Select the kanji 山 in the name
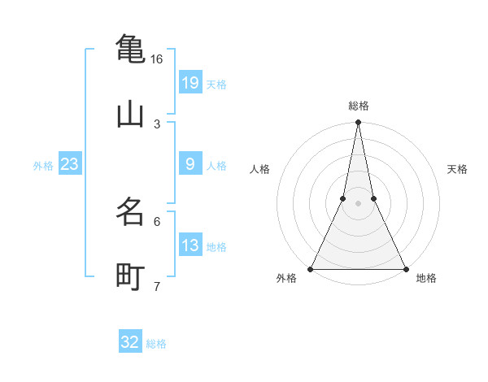click(x=130, y=115)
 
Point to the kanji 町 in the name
click(x=130, y=277)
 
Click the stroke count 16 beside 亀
click(x=156, y=59)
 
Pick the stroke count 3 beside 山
click(x=157, y=124)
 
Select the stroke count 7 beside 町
click(x=157, y=286)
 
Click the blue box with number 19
click(x=190, y=83)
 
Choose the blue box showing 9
click(x=190, y=164)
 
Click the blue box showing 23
click(x=69, y=164)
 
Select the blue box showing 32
click(x=130, y=342)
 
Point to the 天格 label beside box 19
click(x=216, y=84)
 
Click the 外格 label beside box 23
click(x=43, y=165)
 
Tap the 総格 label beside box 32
click(x=156, y=343)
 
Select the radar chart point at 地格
click(x=405, y=268)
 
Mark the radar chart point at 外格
click(x=312, y=268)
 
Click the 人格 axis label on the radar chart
click(x=259, y=169)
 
